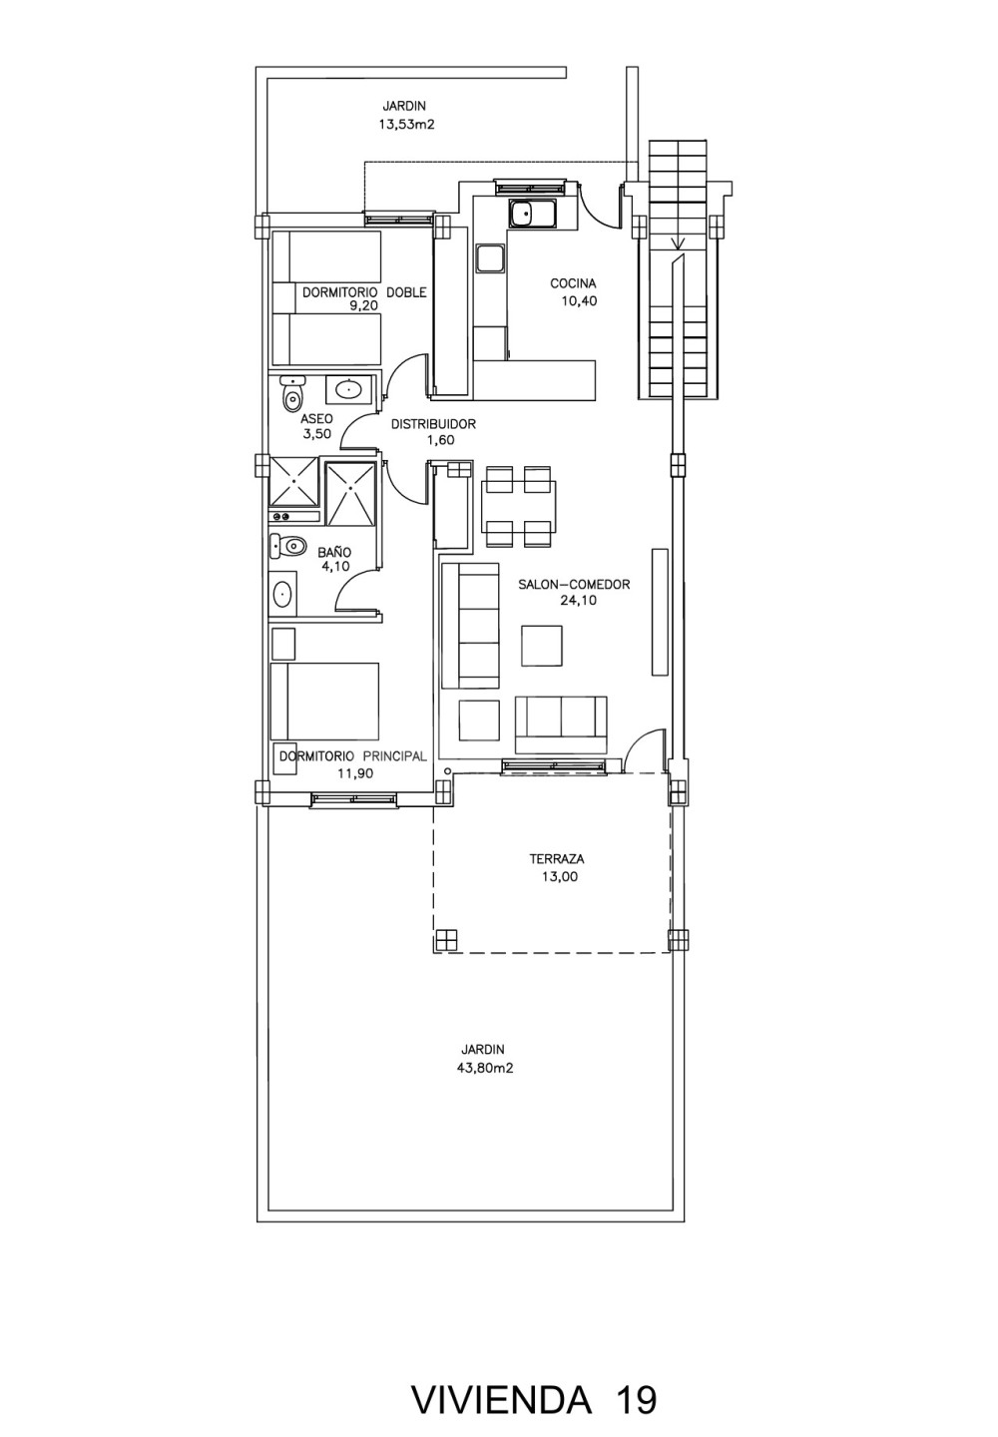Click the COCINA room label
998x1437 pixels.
pyautogui.click(x=573, y=283)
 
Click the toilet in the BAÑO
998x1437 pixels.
pyautogui.click(x=286, y=546)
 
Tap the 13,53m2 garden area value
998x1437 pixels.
pyautogui.click(x=406, y=125)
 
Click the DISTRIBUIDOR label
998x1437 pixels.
pyautogui.click(x=433, y=424)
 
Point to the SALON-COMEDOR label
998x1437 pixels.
pyautogui.click(x=574, y=585)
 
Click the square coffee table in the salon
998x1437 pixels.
pyautogui.click(x=541, y=646)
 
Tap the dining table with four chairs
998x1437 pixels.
pyautogui.click(x=518, y=507)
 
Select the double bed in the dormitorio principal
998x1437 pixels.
pyautogui.click(x=324, y=702)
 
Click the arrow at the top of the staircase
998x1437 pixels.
pyautogui.click(x=677, y=241)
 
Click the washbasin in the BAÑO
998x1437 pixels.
pyautogui.click(x=282, y=594)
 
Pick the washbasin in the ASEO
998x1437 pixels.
pyautogui.click(x=349, y=389)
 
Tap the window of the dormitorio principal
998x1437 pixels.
pyautogui.click(x=353, y=798)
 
